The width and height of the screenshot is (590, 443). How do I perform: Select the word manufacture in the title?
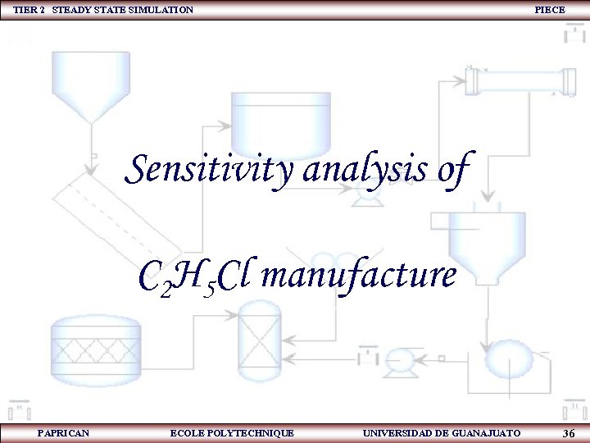click(358, 277)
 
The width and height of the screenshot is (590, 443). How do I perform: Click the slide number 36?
click(569, 432)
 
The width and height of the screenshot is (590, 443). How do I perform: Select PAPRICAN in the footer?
click(64, 432)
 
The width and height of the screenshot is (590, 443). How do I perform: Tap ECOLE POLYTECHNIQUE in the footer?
click(232, 432)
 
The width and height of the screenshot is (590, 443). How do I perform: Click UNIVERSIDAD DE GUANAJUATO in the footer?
click(441, 432)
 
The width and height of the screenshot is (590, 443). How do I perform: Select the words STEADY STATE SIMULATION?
click(123, 10)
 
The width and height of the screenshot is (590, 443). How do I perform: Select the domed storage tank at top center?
click(280, 119)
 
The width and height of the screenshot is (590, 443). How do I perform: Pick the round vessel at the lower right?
click(507, 359)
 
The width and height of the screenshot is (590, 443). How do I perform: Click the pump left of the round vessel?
click(401, 359)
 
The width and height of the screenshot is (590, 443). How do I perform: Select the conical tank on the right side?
click(487, 246)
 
